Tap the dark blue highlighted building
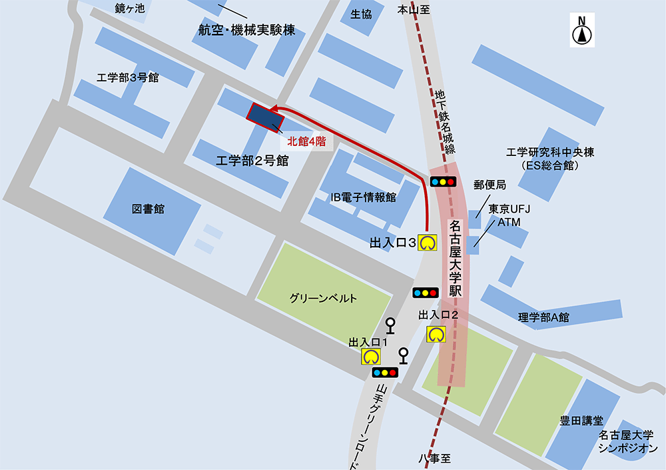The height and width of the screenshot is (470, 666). [x=266, y=117]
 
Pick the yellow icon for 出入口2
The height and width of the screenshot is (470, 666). [x=436, y=334]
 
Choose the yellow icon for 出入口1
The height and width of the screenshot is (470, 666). [x=371, y=356]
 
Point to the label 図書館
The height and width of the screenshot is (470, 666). [x=148, y=209]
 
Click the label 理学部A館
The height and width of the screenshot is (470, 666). [x=544, y=317]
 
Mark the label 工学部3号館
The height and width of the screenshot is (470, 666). [x=128, y=77]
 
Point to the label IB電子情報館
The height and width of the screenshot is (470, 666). [x=364, y=197]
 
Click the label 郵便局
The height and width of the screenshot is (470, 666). [x=490, y=185]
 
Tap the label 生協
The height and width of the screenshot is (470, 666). [x=362, y=14]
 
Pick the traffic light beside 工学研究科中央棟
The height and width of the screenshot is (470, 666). [x=443, y=181]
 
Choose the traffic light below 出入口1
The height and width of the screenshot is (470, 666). [x=385, y=372]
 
